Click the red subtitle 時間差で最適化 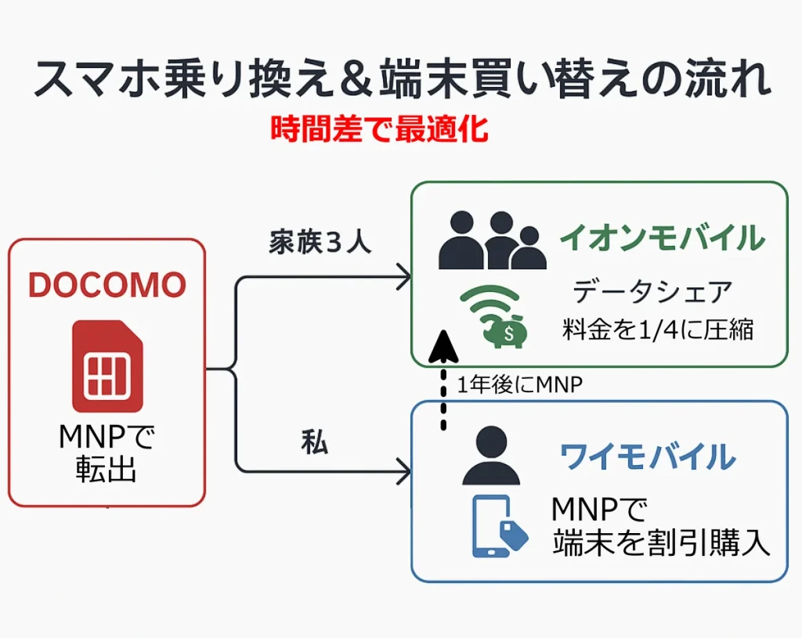pyautogui.click(x=379, y=129)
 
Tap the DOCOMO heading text pyautogui.click(x=107, y=287)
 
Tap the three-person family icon pyautogui.click(x=492, y=242)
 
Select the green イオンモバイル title pyautogui.click(x=661, y=237)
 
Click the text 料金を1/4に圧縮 pyautogui.click(x=658, y=329)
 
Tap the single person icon pyautogui.click(x=491, y=456)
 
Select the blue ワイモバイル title pyautogui.click(x=648, y=456)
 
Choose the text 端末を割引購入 pyautogui.click(x=661, y=543)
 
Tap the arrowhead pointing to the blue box pyautogui.click(x=404, y=473)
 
